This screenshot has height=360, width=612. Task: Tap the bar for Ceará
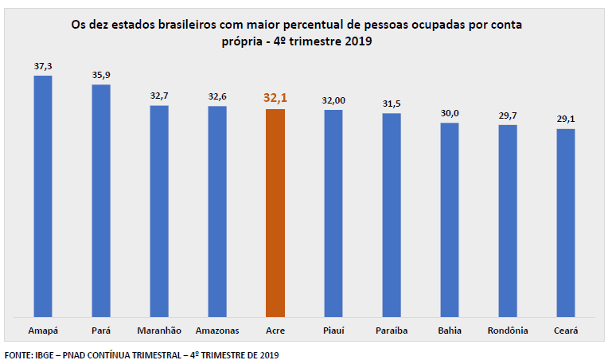click(566, 222)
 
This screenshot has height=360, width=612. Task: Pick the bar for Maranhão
click(158, 210)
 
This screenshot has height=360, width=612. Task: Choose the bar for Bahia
click(450, 219)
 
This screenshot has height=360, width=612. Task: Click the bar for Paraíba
click(392, 214)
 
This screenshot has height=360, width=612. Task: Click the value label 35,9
click(101, 75)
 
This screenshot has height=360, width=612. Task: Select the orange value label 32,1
click(275, 98)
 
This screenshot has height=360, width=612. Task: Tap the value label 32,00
click(333, 100)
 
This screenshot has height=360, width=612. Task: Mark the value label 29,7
click(508, 115)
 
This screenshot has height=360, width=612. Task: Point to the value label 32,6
click(217, 96)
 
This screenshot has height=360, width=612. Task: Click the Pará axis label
click(101, 331)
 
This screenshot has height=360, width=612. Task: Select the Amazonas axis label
click(217, 331)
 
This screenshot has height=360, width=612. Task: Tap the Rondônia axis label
click(508, 331)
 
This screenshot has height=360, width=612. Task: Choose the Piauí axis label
click(333, 331)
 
